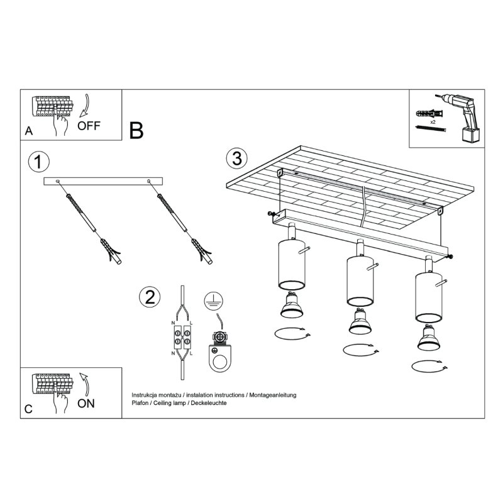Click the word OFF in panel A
click(89, 125)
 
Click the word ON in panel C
click(86, 403)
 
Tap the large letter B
click(136, 130)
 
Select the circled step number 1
click(39, 162)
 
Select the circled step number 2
click(149, 297)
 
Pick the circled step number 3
click(236, 158)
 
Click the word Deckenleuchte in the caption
click(208, 402)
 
